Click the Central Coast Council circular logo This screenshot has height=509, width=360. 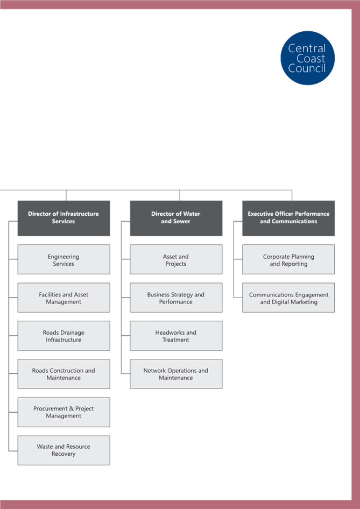tap(307, 58)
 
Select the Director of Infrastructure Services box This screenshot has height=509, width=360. tap(63, 218)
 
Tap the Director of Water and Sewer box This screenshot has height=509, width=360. tap(176, 218)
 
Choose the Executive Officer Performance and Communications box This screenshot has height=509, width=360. tap(288, 218)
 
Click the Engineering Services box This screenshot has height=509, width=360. tap(63, 259)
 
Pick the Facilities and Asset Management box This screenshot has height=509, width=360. tap(63, 298)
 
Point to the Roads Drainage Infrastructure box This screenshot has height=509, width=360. tap(63, 336)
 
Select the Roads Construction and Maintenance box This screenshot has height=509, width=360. tap(63, 373)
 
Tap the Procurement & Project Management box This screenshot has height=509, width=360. tap(63, 412)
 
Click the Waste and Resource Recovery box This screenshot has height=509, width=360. tap(63, 450)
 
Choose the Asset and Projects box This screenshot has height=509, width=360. tap(176, 259)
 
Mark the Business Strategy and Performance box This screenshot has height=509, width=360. tap(176, 298)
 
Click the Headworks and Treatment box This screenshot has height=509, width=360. tap(176, 336)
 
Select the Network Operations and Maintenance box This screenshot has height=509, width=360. tap(176, 373)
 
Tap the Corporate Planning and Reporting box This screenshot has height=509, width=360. tap(288, 259)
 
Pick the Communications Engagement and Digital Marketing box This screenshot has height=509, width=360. tap(288, 298)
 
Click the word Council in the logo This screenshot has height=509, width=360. tap(307, 68)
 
